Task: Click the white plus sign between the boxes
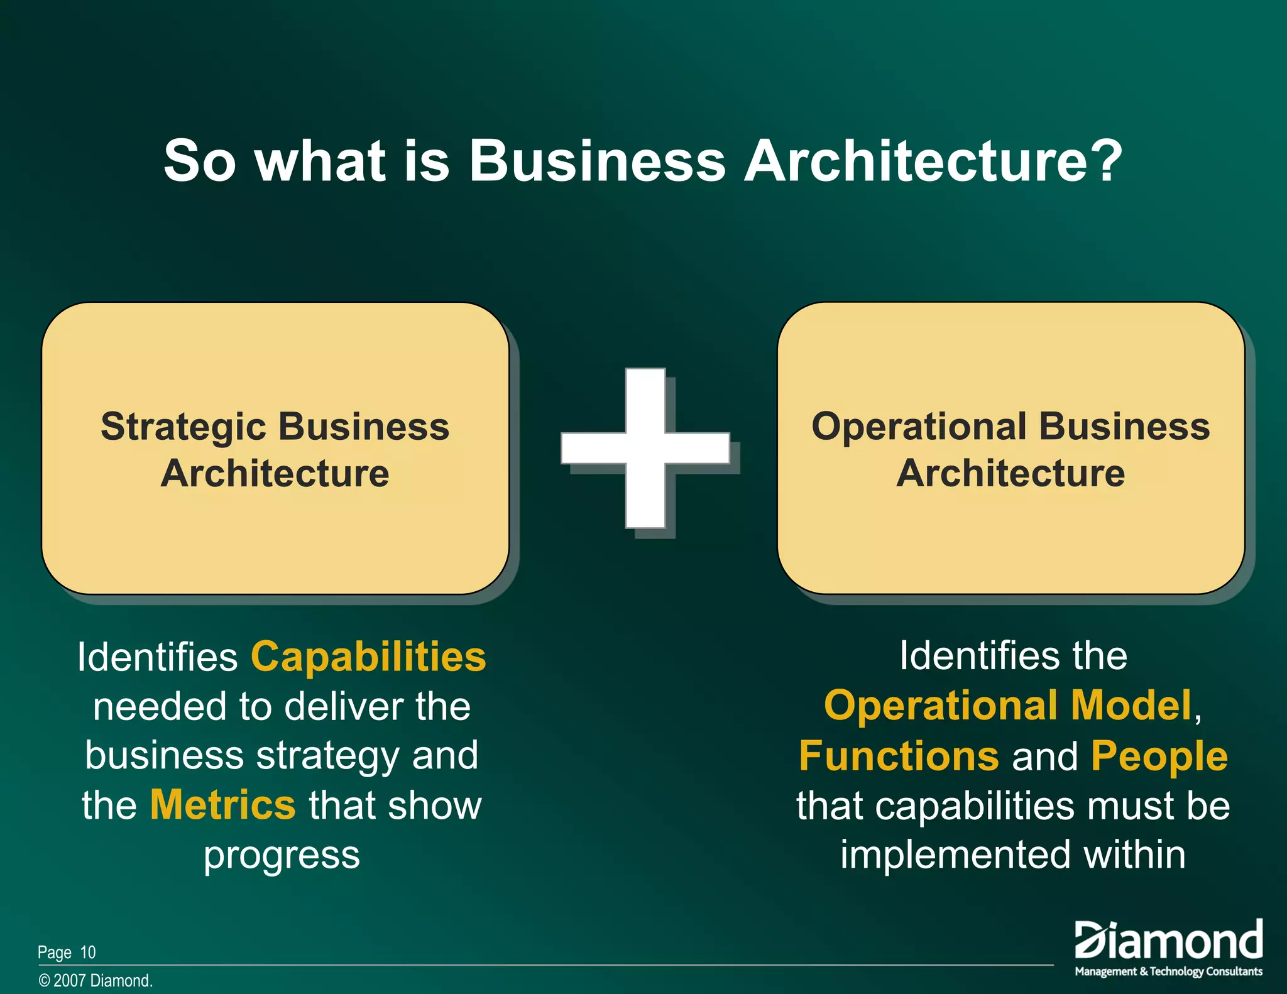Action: click(x=645, y=447)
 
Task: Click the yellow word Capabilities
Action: click(x=368, y=657)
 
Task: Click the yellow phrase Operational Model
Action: click(x=1008, y=705)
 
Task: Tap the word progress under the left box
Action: click(x=282, y=856)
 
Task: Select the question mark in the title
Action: click(x=1106, y=161)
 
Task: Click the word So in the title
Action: click(x=200, y=161)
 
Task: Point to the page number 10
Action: click(x=88, y=953)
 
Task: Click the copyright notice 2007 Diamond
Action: click(x=96, y=981)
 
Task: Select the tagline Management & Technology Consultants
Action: click(x=1168, y=971)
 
